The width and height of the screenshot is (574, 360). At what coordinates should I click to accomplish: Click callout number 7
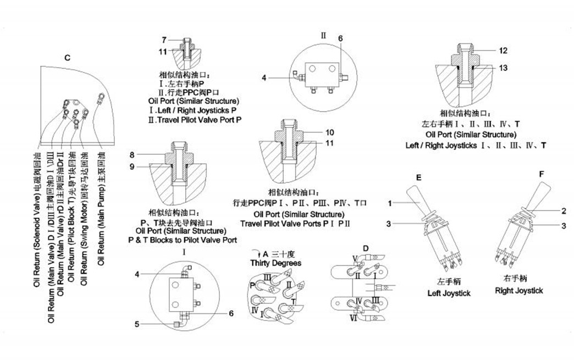[164, 40]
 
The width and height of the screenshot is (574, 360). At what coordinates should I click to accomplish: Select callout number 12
[503, 50]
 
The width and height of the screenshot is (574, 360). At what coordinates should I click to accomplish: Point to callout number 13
[503, 68]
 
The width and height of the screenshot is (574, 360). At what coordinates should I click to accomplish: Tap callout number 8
[133, 154]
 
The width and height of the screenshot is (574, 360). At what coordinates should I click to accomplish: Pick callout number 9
[133, 166]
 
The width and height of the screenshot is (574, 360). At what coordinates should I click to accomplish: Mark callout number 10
[330, 132]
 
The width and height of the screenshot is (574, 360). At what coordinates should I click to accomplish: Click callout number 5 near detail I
[137, 324]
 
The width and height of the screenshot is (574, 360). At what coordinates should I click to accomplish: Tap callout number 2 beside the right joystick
[564, 211]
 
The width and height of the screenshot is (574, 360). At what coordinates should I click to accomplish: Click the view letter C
[67, 58]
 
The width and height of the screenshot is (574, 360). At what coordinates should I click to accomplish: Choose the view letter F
[542, 174]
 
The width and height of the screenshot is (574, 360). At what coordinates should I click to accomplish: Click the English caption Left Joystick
[449, 293]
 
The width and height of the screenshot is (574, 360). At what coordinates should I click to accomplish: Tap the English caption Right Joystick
[519, 290]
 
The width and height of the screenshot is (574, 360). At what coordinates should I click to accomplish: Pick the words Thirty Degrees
[276, 263]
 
